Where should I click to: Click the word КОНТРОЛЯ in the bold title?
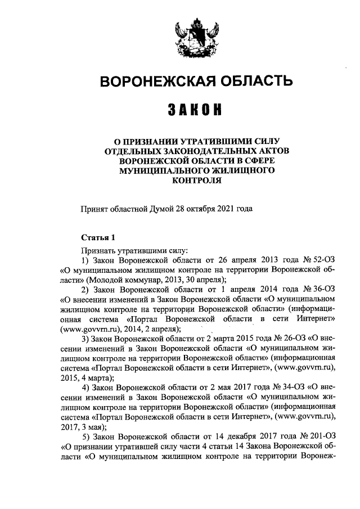point(196,181)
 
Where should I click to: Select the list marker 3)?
point(85,338)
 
